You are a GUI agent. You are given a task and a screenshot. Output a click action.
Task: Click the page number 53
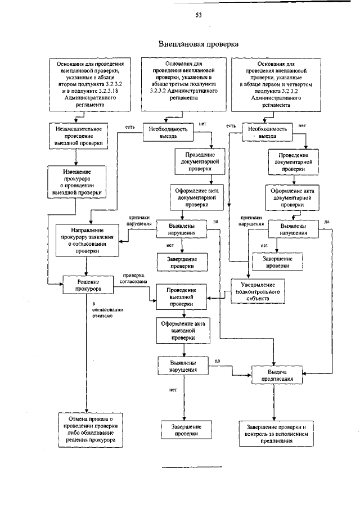click(199, 15)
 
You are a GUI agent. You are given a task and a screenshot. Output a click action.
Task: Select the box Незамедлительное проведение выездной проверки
click(76, 136)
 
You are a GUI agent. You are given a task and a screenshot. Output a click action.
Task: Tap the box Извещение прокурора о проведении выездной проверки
click(76, 181)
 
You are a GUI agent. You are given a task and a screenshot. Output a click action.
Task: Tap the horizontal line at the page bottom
click(192, 467)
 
